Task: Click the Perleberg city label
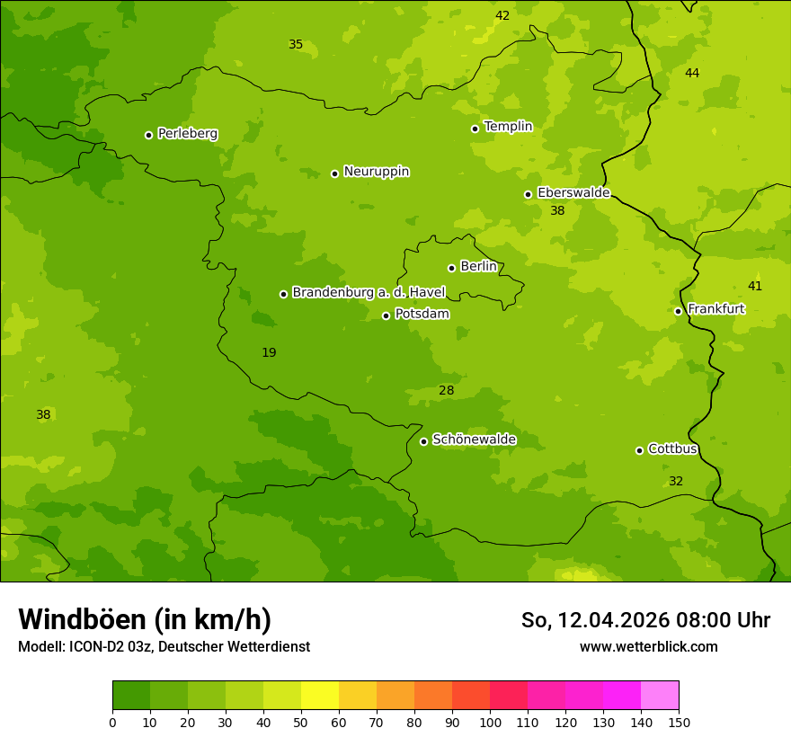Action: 187,134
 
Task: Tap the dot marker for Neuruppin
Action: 334,173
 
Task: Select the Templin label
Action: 508,127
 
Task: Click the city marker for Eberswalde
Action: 528,194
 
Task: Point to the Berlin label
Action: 478,267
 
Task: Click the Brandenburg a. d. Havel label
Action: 369,293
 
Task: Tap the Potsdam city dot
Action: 386,315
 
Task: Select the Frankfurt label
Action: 715,309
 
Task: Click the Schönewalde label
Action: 474,440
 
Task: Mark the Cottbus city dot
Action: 639,450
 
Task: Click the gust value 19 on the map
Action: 269,353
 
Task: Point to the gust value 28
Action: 446,391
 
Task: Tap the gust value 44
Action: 691,74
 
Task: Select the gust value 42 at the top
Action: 502,16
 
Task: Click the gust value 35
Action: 295,45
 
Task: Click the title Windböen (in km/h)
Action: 144,619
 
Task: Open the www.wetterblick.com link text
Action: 648,647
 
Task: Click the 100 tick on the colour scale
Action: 490,722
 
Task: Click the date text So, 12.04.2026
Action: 595,620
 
